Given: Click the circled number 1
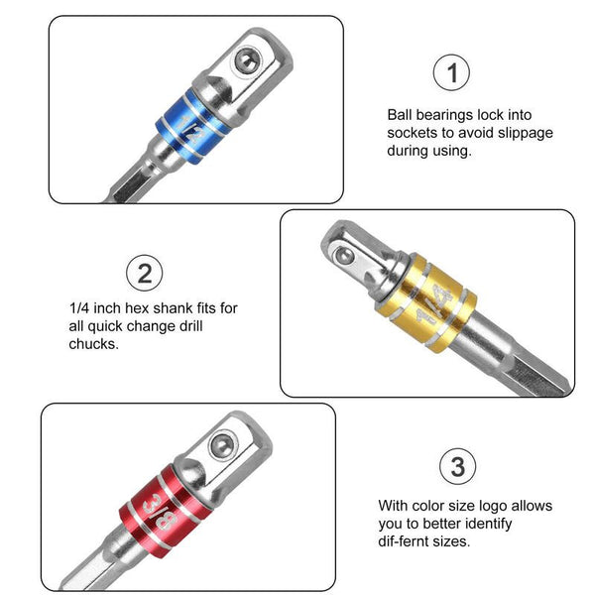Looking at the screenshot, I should click(452, 73).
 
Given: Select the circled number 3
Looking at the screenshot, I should click(455, 465).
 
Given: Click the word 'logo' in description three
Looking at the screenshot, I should click(533, 506).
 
